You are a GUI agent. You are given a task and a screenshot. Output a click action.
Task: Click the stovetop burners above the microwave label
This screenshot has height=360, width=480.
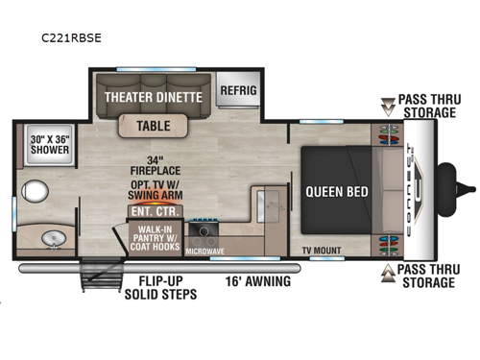(x=204, y=228)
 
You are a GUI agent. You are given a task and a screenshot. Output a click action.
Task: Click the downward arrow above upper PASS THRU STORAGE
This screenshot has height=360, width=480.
(x=388, y=103)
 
